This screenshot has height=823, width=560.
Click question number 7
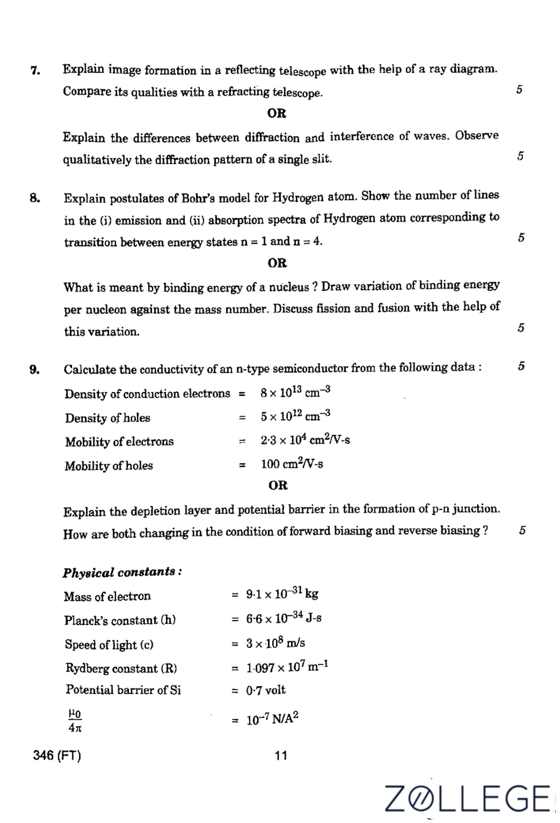coord(35,71)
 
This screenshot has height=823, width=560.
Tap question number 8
coord(35,199)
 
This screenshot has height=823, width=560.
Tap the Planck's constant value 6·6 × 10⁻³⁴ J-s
coord(284,618)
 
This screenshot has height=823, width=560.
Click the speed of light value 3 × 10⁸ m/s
coord(276,643)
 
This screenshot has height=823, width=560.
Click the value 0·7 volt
coord(266,690)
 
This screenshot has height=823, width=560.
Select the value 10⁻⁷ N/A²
coord(272,719)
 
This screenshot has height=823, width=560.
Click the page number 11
coord(281,756)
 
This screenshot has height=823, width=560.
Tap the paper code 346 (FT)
coord(57,755)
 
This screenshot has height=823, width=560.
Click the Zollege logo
coord(467,798)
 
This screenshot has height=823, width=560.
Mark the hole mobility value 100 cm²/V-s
coord(292,464)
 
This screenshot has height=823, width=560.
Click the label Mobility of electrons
coord(119,442)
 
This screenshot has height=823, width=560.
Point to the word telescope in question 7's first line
coord(302,71)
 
